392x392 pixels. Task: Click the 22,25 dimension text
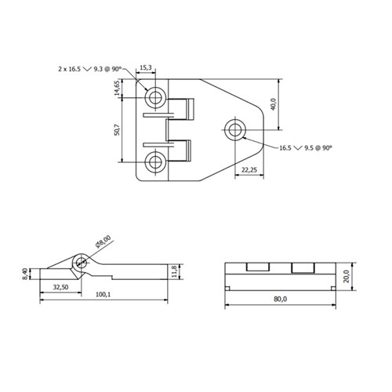click(250, 170)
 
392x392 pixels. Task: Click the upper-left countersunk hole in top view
click(155, 97)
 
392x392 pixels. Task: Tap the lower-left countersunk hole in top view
click(155, 162)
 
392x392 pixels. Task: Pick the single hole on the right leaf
click(235, 129)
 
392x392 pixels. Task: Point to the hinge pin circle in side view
click(80, 263)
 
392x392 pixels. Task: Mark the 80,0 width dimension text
click(281, 299)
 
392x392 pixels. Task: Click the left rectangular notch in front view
click(256, 267)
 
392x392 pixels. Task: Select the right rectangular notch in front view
click(302, 267)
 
